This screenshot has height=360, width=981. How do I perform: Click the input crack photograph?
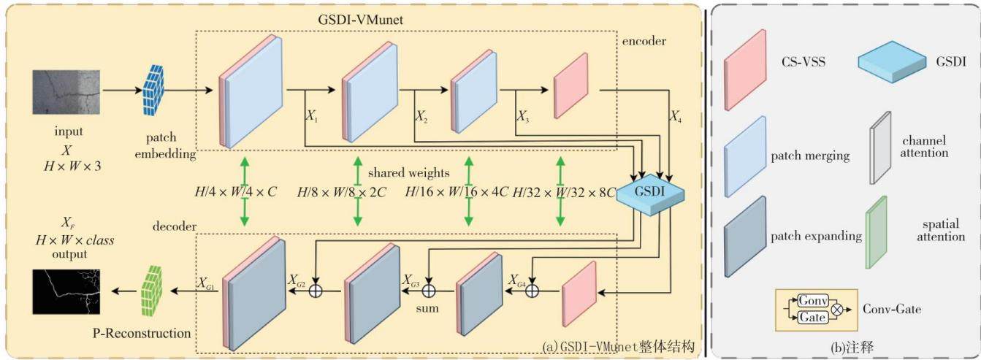click(66, 93)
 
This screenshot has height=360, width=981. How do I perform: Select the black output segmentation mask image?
click(66, 292)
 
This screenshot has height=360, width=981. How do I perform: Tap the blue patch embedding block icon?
click(153, 90)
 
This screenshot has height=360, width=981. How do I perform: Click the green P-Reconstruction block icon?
click(151, 291)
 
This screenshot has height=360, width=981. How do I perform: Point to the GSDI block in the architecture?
click(650, 193)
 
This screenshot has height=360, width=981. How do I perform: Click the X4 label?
click(676, 116)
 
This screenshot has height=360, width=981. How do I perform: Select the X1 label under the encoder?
click(312, 116)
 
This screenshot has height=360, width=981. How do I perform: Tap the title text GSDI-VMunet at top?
click(360, 20)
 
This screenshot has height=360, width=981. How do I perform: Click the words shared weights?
click(408, 172)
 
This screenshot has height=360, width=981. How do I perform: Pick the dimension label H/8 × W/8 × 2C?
click(341, 192)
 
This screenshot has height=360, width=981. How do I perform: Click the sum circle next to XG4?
click(532, 291)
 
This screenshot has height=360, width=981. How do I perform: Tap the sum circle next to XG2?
click(316, 291)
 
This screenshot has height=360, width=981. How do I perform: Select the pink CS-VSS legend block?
click(745, 70)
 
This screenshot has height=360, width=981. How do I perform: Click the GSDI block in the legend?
click(892, 62)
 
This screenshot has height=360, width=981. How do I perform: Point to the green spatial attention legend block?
click(877, 232)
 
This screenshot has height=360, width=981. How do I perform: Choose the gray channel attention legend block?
click(880, 148)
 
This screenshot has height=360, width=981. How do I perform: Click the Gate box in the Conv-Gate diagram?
click(813, 317)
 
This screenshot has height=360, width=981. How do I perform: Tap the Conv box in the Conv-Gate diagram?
click(813, 300)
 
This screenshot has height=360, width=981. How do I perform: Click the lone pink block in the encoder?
click(570, 86)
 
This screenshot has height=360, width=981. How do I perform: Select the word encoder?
click(644, 41)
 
